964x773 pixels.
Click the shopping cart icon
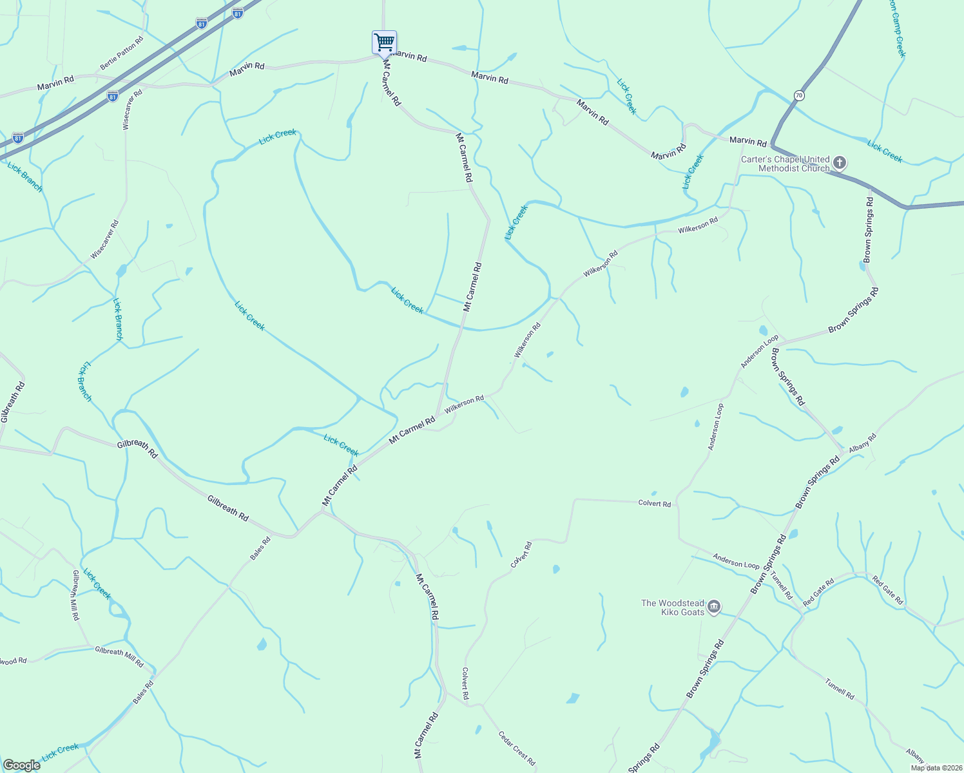click(384, 43)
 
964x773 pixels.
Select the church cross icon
click(839, 162)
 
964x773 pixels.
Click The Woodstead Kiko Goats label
click(673, 607)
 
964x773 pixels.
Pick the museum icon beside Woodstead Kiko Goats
click(714, 607)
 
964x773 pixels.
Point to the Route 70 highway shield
click(799, 95)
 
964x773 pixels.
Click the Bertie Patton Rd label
click(122, 57)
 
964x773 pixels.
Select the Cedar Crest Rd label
click(517, 748)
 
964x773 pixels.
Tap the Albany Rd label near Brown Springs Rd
click(863, 443)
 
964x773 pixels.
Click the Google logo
click(21, 765)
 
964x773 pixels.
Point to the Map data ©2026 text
click(936, 768)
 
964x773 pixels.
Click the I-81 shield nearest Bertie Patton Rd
click(202, 24)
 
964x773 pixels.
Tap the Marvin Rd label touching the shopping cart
click(409, 57)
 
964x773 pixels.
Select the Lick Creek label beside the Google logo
click(60, 752)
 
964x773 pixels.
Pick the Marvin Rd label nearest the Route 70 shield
click(747, 141)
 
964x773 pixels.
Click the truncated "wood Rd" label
click(14, 661)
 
